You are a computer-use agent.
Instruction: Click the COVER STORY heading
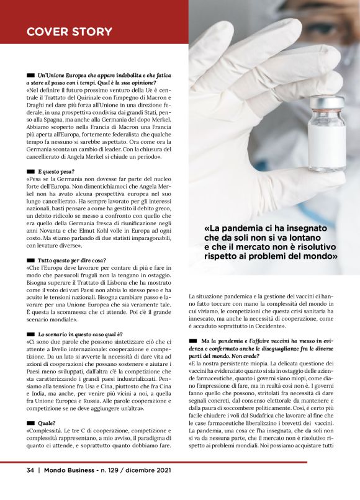(70, 32)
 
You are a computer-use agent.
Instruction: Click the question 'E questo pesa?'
(56, 170)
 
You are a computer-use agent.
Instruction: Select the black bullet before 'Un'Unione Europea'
(30, 74)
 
